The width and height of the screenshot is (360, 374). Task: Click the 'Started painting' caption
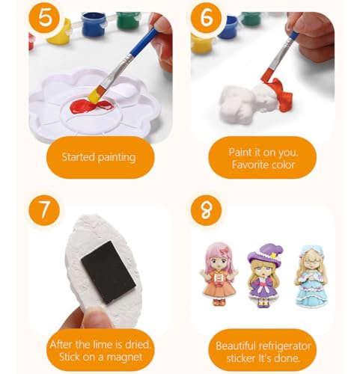pos(99,158)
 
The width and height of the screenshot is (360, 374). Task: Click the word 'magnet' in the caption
pos(134,358)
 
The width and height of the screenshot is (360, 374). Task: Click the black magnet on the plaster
pos(109,271)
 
